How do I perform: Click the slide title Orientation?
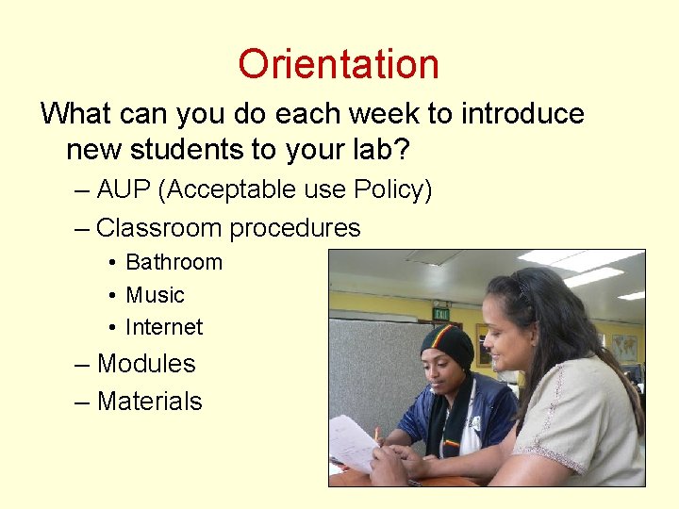[x=339, y=64]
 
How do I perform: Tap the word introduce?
[x=523, y=114]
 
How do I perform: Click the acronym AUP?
[x=124, y=189]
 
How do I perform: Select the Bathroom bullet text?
[x=174, y=262]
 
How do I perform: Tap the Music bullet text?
[x=155, y=295]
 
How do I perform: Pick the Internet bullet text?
[x=164, y=327]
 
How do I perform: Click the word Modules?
[x=146, y=364]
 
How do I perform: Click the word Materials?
[x=149, y=402]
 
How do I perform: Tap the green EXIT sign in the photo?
[x=440, y=314]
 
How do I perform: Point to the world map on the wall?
[x=623, y=347]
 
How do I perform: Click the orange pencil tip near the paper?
[x=377, y=435]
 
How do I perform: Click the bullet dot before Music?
[x=111, y=295]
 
